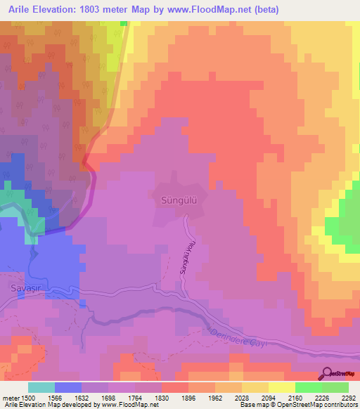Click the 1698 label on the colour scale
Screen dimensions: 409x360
tap(120, 398)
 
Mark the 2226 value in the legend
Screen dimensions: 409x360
tap(307, 398)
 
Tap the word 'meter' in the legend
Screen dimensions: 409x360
tap(11, 398)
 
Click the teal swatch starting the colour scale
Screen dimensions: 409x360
tap(41, 387)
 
